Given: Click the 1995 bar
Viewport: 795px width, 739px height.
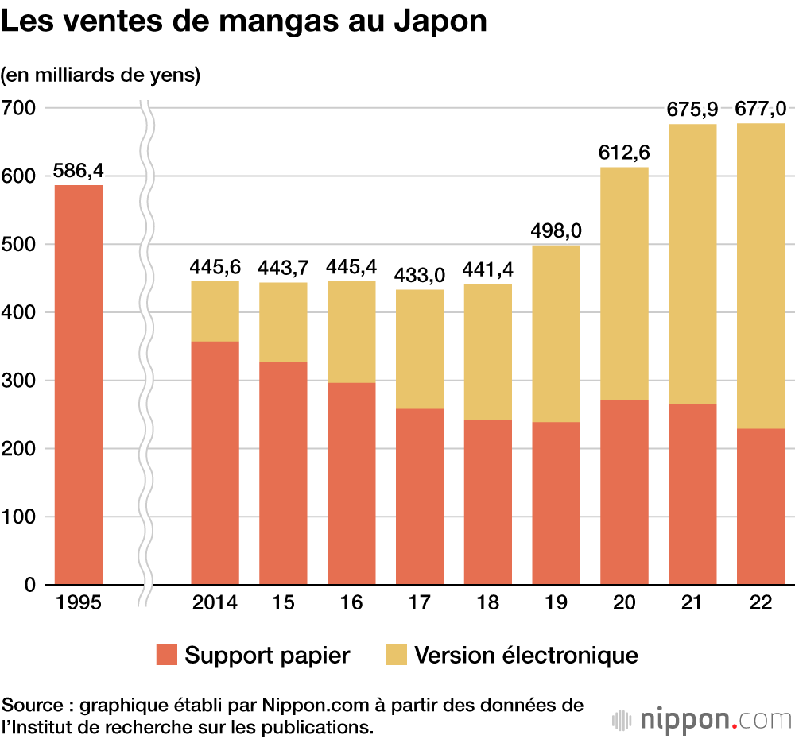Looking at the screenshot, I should tap(79, 385).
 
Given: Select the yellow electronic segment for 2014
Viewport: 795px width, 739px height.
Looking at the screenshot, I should tap(215, 311).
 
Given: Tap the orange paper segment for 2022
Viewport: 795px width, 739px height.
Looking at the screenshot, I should tap(761, 506).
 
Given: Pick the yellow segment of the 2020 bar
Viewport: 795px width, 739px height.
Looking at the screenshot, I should tap(624, 284).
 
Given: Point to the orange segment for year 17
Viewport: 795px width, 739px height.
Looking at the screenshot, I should tap(420, 497).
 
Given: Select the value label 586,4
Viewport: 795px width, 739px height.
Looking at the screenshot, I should tap(79, 170).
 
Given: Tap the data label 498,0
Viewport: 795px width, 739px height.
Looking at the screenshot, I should tap(556, 230).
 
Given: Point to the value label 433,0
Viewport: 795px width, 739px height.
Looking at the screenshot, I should tap(420, 275).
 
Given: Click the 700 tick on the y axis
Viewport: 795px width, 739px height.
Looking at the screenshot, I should tap(19, 107).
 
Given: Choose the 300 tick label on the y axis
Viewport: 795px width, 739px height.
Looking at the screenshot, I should tap(19, 381).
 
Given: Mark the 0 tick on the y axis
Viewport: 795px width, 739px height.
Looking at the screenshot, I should tap(30, 586).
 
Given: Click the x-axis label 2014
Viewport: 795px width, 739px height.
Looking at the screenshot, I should tap(215, 603).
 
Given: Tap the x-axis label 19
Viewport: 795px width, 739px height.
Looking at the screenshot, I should tap(556, 603).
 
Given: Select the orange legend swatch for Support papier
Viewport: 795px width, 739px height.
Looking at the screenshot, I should tap(167, 655).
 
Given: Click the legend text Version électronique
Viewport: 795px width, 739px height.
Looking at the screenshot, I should tap(526, 656).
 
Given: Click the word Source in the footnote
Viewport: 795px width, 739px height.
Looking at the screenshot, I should tap(30, 705).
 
